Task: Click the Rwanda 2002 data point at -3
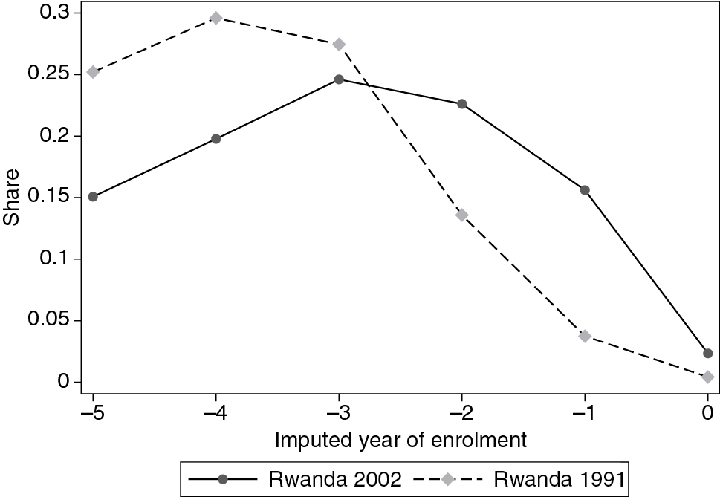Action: [339, 79]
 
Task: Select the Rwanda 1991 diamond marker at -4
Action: [216, 18]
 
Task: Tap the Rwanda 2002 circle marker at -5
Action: [93, 197]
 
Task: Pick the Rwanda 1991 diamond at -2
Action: [462, 215]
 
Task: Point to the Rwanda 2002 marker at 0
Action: [707, 354]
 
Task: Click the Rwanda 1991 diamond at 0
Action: [707, 377]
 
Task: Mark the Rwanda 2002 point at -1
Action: [585, 190]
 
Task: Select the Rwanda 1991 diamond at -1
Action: [585, 337]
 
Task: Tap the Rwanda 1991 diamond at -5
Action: [93, 72]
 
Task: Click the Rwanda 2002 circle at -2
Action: [462, 104]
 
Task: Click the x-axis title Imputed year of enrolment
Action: [400, 441]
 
